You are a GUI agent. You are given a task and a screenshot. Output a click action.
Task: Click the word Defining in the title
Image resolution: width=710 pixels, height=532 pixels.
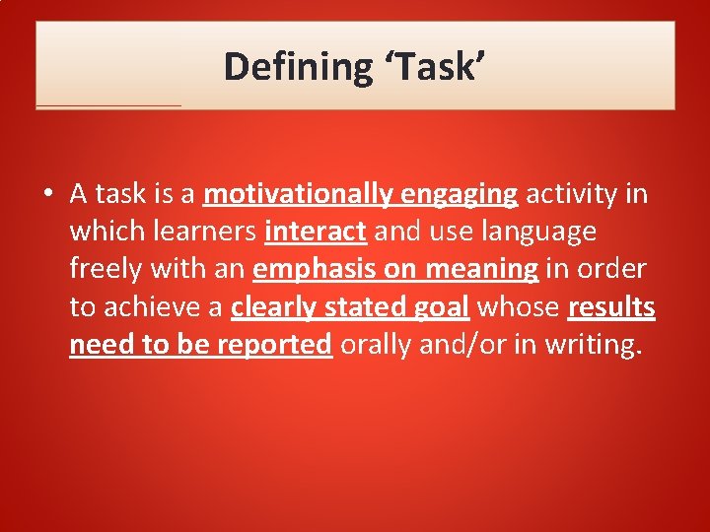[x=296, y=67]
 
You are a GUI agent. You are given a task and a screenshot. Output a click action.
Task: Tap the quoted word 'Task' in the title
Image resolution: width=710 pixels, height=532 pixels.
[x=431, y=67]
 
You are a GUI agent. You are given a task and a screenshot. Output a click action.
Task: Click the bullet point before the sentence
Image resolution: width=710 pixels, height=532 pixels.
[x=48, y=195]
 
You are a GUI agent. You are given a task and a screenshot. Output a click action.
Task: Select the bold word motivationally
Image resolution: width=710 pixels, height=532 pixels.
[x=298, y=194]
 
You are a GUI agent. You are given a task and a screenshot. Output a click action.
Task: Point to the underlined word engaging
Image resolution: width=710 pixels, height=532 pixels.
[x=459, y=194]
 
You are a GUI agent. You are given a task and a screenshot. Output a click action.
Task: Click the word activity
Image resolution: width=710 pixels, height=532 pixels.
[x=572, y=194]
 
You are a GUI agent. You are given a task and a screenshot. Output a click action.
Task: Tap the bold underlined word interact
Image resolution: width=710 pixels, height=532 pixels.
[x=316, y=232]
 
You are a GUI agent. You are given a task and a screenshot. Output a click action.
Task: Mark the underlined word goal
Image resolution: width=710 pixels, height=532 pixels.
[x=440, y=307]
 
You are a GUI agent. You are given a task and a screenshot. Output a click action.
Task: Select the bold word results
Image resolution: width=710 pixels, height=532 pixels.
[x=611, y=307]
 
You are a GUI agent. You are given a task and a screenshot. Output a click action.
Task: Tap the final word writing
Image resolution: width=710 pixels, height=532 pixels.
[x=598, y=345]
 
